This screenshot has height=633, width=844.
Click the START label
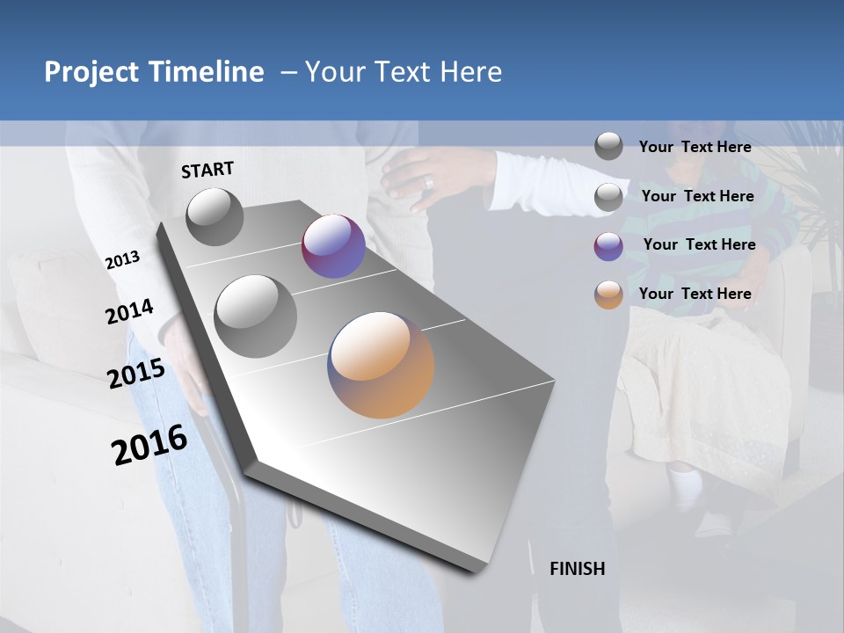pos(207,170)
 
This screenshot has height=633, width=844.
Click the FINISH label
pos(577,569)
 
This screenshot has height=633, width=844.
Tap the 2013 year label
pos(122,259)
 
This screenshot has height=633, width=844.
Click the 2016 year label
pos(149,445)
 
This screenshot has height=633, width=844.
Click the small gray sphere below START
pos(215,216)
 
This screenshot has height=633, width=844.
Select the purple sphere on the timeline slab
pos(333,246)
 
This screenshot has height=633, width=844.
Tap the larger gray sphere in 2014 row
pos(255,316)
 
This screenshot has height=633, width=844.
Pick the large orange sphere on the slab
pos(381,365)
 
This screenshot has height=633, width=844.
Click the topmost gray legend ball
pos(608,146)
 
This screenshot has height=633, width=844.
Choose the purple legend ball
pos(608,245)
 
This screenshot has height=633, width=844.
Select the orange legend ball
pos(608,295)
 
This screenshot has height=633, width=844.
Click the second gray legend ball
pos(608,196)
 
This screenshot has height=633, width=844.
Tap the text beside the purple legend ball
pos(699,244)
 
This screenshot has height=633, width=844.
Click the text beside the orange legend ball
pos(695,294)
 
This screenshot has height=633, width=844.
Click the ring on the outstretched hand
pos(429,183)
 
